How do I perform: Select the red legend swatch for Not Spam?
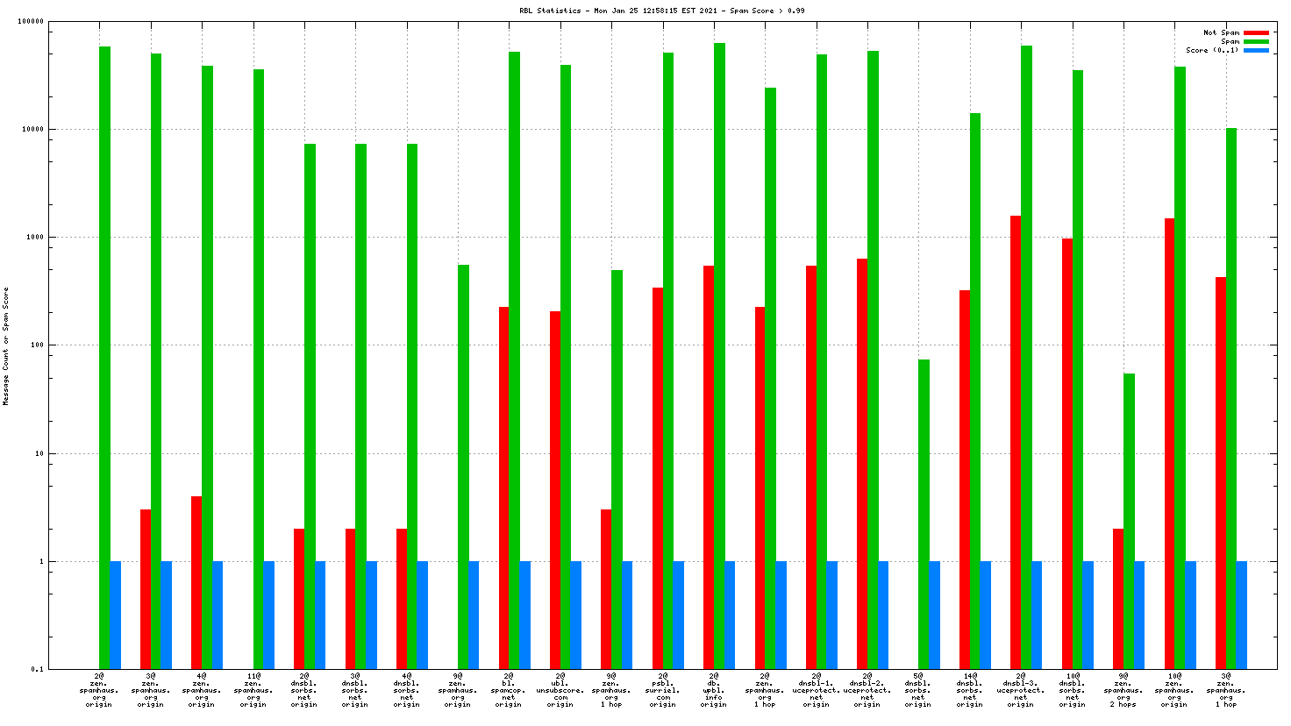point(1255,32)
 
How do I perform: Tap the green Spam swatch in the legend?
point(1255,41)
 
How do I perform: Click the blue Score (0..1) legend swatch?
point(1255,50)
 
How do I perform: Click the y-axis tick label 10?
point(39,453)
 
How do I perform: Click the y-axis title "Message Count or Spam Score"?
point(6,345)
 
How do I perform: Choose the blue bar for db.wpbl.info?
point(730,615)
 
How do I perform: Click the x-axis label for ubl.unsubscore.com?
point(560,690)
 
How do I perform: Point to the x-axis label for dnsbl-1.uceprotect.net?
point(816,690)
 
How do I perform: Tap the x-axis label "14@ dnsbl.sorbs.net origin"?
point(969,690)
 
